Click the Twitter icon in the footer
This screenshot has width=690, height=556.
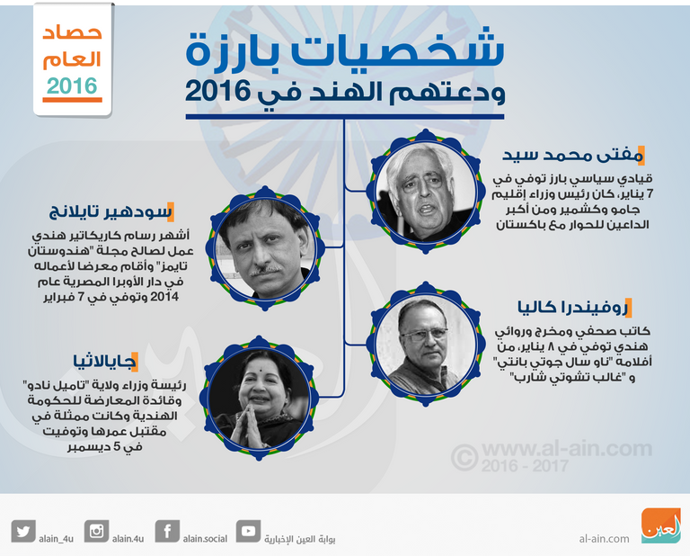(23, 531)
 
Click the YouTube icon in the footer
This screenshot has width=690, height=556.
(248, 531)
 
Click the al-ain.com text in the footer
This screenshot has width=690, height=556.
(604, 539)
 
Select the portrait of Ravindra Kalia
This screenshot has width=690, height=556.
(421, 337)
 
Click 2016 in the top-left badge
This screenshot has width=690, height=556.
(72, 86)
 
